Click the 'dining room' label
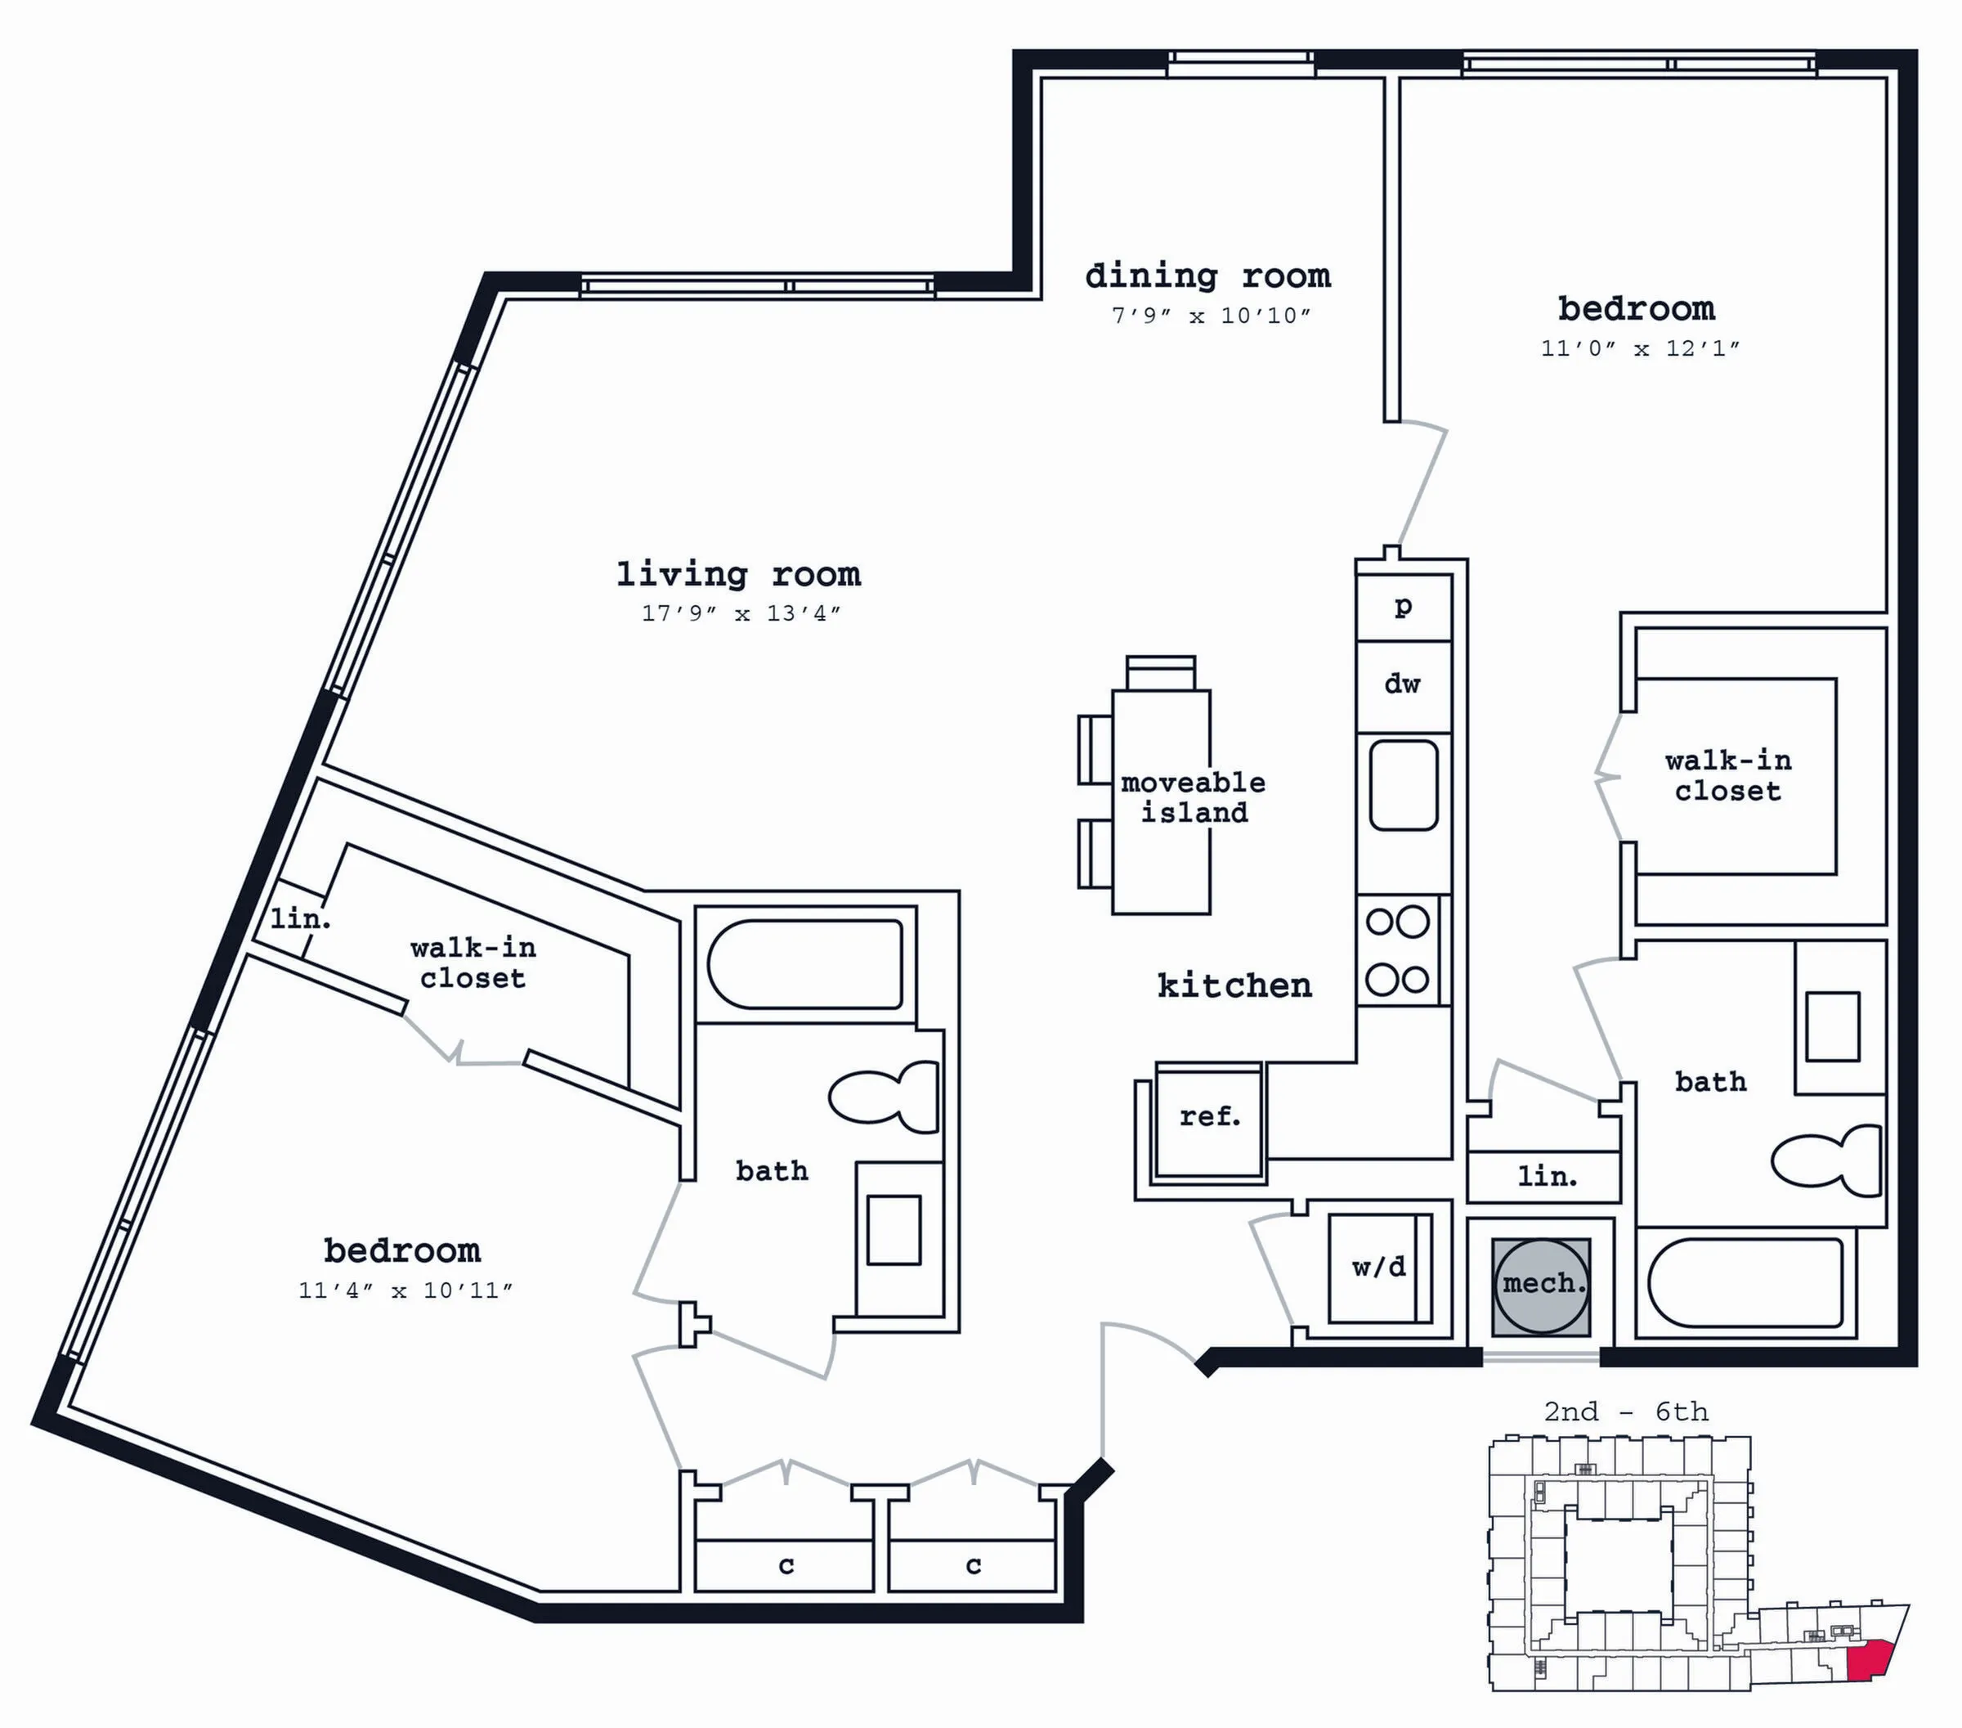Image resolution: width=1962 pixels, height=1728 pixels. (x=1207, y=276)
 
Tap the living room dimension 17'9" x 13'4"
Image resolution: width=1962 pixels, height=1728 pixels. (x=741, y=613)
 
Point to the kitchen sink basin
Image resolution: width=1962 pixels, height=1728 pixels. (x=1404, y=784)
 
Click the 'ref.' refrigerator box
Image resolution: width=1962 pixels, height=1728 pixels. (x=1209, y=1120)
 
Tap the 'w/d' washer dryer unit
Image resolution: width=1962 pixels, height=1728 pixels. (x=1379, y=1268)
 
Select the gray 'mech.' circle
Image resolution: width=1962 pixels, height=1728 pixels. (x=1541, y=1286)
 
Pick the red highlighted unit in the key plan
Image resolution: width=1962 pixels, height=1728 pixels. (x=1868, y=1660)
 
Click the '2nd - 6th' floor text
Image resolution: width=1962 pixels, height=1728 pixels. (x=1626, y=1412)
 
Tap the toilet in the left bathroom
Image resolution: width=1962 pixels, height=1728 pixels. (x=883, y=1097)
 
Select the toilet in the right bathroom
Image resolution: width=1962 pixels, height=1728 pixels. (x=1825, y=1161)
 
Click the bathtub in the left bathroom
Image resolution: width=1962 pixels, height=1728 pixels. (x=805, y=965)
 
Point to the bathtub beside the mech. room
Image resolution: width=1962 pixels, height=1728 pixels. (x=1745, y=1282)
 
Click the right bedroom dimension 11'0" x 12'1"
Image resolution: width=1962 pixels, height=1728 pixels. (x=1639, y=349)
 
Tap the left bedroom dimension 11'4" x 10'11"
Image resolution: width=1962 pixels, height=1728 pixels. (x=405, y=1291)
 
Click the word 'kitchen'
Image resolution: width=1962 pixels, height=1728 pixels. (x=1234, y=986)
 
